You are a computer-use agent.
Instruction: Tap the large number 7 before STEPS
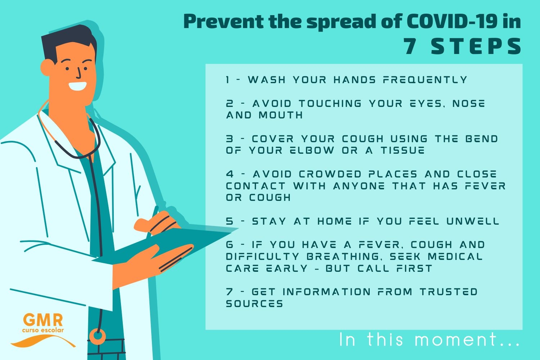[410, 46]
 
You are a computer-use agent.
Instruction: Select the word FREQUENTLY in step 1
[425, 80]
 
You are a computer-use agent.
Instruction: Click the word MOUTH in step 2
[280, 115]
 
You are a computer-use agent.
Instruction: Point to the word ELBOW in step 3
[312, 150]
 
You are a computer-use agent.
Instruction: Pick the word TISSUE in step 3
[402, 150]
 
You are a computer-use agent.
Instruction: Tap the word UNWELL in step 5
[472, 221]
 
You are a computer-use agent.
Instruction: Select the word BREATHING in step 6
[343, 256]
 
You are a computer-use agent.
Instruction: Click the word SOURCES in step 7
[254, 303]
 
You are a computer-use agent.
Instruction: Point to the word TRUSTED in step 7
[449, 292]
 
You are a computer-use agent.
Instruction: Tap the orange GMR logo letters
[43, 320]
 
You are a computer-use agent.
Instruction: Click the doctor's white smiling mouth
[78, 86]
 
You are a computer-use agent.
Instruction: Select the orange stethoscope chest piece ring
[98, 336]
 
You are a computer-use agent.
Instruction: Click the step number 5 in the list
[230, 221]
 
